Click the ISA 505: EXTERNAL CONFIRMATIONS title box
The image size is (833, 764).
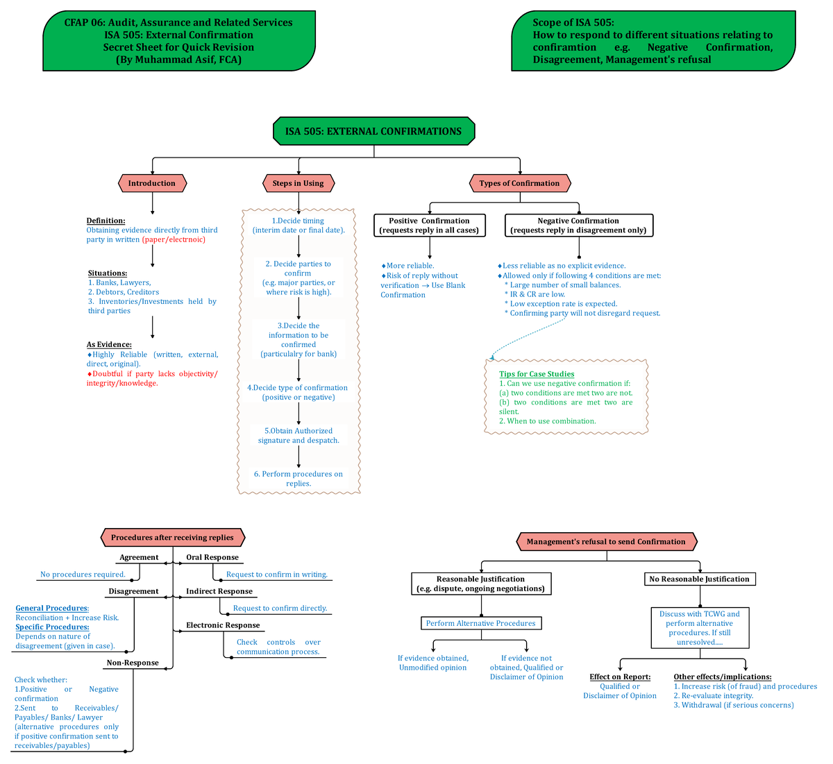[x=373, y=131]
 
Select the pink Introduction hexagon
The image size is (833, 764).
[x=151, y=183]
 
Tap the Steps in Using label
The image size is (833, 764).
[x=298, y=183]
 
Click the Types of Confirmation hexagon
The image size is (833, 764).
[x=519, y=183]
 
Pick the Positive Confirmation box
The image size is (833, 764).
[x=429, y=225]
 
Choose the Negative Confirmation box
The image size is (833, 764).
[x=578, y=225]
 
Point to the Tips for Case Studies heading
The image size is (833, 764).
[x=537, y=374]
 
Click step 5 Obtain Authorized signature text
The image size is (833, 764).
[x=298, y=436]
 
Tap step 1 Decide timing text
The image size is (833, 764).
[x=298, y=225]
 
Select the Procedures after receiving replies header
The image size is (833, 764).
[x=172, y=537]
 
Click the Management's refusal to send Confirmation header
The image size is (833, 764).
[x=606, y=541]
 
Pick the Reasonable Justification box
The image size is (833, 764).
[x=480, y=584]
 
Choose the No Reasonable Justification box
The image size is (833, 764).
[x=699, y=579]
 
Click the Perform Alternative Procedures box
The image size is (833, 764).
[x=481, y=623]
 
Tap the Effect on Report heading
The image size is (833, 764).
[x=620, y=677]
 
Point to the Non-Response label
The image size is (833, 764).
[x=133, y=663]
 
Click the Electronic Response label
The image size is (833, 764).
[x=223, y=625]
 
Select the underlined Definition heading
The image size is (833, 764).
[x=106, y=221]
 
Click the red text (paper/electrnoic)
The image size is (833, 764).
[x=174, y=239]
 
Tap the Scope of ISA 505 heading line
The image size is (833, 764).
[x=573, y=22]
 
